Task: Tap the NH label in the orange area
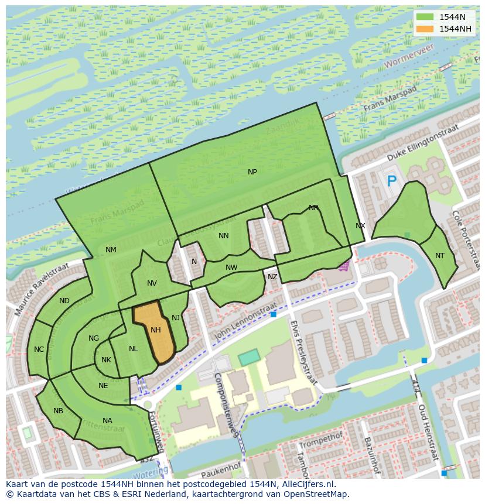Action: coord(155,330)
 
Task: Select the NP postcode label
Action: coord(252,172)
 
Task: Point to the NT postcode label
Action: coord(440,256)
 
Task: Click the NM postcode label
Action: coord(111,250)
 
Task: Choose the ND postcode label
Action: coord(64,301)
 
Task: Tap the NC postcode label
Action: coord(39,349)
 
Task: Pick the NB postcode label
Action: coord(58,411)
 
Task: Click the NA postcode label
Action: coord(107,421)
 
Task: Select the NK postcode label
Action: coord(106,360)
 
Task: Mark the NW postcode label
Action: coord(231,268)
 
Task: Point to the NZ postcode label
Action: coord(272,277)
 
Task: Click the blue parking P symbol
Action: coord(391,181)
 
